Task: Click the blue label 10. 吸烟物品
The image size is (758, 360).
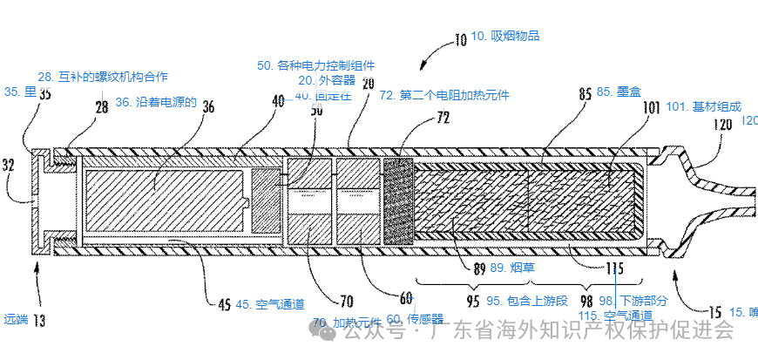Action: click(x=505, y=36)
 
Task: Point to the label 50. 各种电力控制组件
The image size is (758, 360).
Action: click(x=315, y=65)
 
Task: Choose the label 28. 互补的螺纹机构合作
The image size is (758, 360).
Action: click(x=103, y=77)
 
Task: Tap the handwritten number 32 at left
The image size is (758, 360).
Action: click(x=10, y=163)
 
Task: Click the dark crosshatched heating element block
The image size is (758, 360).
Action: click(x=397, y=199)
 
